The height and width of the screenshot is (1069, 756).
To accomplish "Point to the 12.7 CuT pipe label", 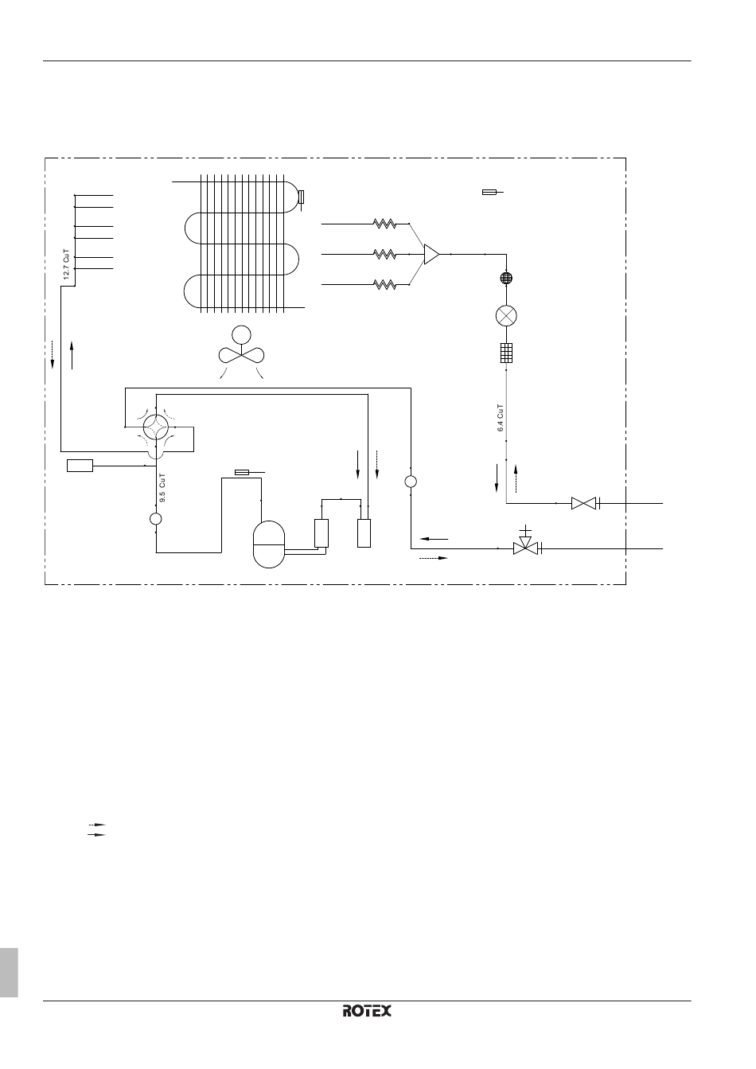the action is tap(66, 264).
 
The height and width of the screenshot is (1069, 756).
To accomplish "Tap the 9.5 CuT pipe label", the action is tap(162, 488).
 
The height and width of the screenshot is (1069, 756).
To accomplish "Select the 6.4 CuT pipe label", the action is tap(500, 418).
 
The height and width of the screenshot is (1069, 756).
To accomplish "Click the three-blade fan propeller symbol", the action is tap(241, 354).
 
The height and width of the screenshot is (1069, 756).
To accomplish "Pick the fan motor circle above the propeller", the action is tap(241, 335).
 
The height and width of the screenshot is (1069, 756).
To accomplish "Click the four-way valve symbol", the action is tap(156, 427).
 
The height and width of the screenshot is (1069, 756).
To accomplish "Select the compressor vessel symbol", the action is tap(269, 544).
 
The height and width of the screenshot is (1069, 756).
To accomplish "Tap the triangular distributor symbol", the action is tap(431, 255).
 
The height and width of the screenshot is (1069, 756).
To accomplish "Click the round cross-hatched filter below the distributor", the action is tap(506, 278).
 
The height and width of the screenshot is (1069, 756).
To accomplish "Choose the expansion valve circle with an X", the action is tap(506, 315).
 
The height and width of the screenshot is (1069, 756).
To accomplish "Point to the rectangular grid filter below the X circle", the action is tap(506, 353).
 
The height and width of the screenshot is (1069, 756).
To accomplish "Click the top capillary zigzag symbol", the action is tap(384, 224).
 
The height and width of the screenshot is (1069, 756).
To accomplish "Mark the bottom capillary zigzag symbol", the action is tap(384, 284).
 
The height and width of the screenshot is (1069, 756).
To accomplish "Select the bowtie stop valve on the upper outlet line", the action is tap(584, 503).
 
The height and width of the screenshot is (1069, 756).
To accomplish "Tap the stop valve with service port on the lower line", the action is tap(525, 544).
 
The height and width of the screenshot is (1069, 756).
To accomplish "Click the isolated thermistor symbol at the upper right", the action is tap(493, 193).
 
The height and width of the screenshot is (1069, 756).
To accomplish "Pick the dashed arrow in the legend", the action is tap(97, 824).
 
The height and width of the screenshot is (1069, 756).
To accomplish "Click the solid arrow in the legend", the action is tap(97, 835).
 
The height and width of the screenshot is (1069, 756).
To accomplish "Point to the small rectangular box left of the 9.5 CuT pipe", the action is tap(80, 466).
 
